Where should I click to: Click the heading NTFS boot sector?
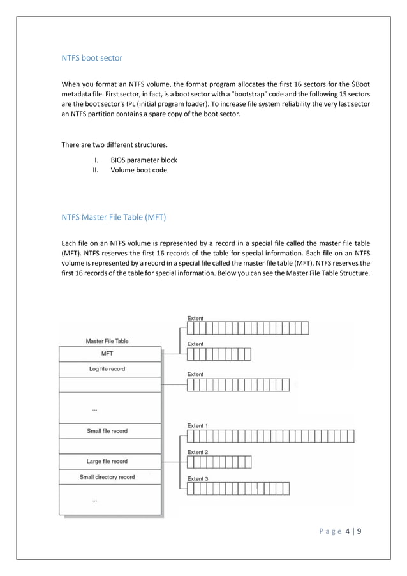click(x=92, y=58)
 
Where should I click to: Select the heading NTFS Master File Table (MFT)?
click(x=114, y=217)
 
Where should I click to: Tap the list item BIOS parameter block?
click(x=144, y=160)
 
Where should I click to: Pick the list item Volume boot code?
click(x=138, y=170)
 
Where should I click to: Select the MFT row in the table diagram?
click(x=108, y=354)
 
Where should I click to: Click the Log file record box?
click(x=108, y=369)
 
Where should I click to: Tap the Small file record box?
click(x=108, y=431)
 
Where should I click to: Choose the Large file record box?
click(x=108, y=461)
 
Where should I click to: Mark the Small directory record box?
click(x=108, y=477)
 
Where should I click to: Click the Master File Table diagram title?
click(x=107, y=341)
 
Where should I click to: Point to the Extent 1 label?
click(x=197, y=425)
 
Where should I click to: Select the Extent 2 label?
click(x=197, y=452)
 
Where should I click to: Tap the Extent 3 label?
click(x=197, y=478)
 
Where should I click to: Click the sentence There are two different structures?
click(x=114, y=144)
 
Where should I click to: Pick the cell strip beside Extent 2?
click(x=219, y=462)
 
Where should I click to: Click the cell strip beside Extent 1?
click(x=270, y=436)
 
